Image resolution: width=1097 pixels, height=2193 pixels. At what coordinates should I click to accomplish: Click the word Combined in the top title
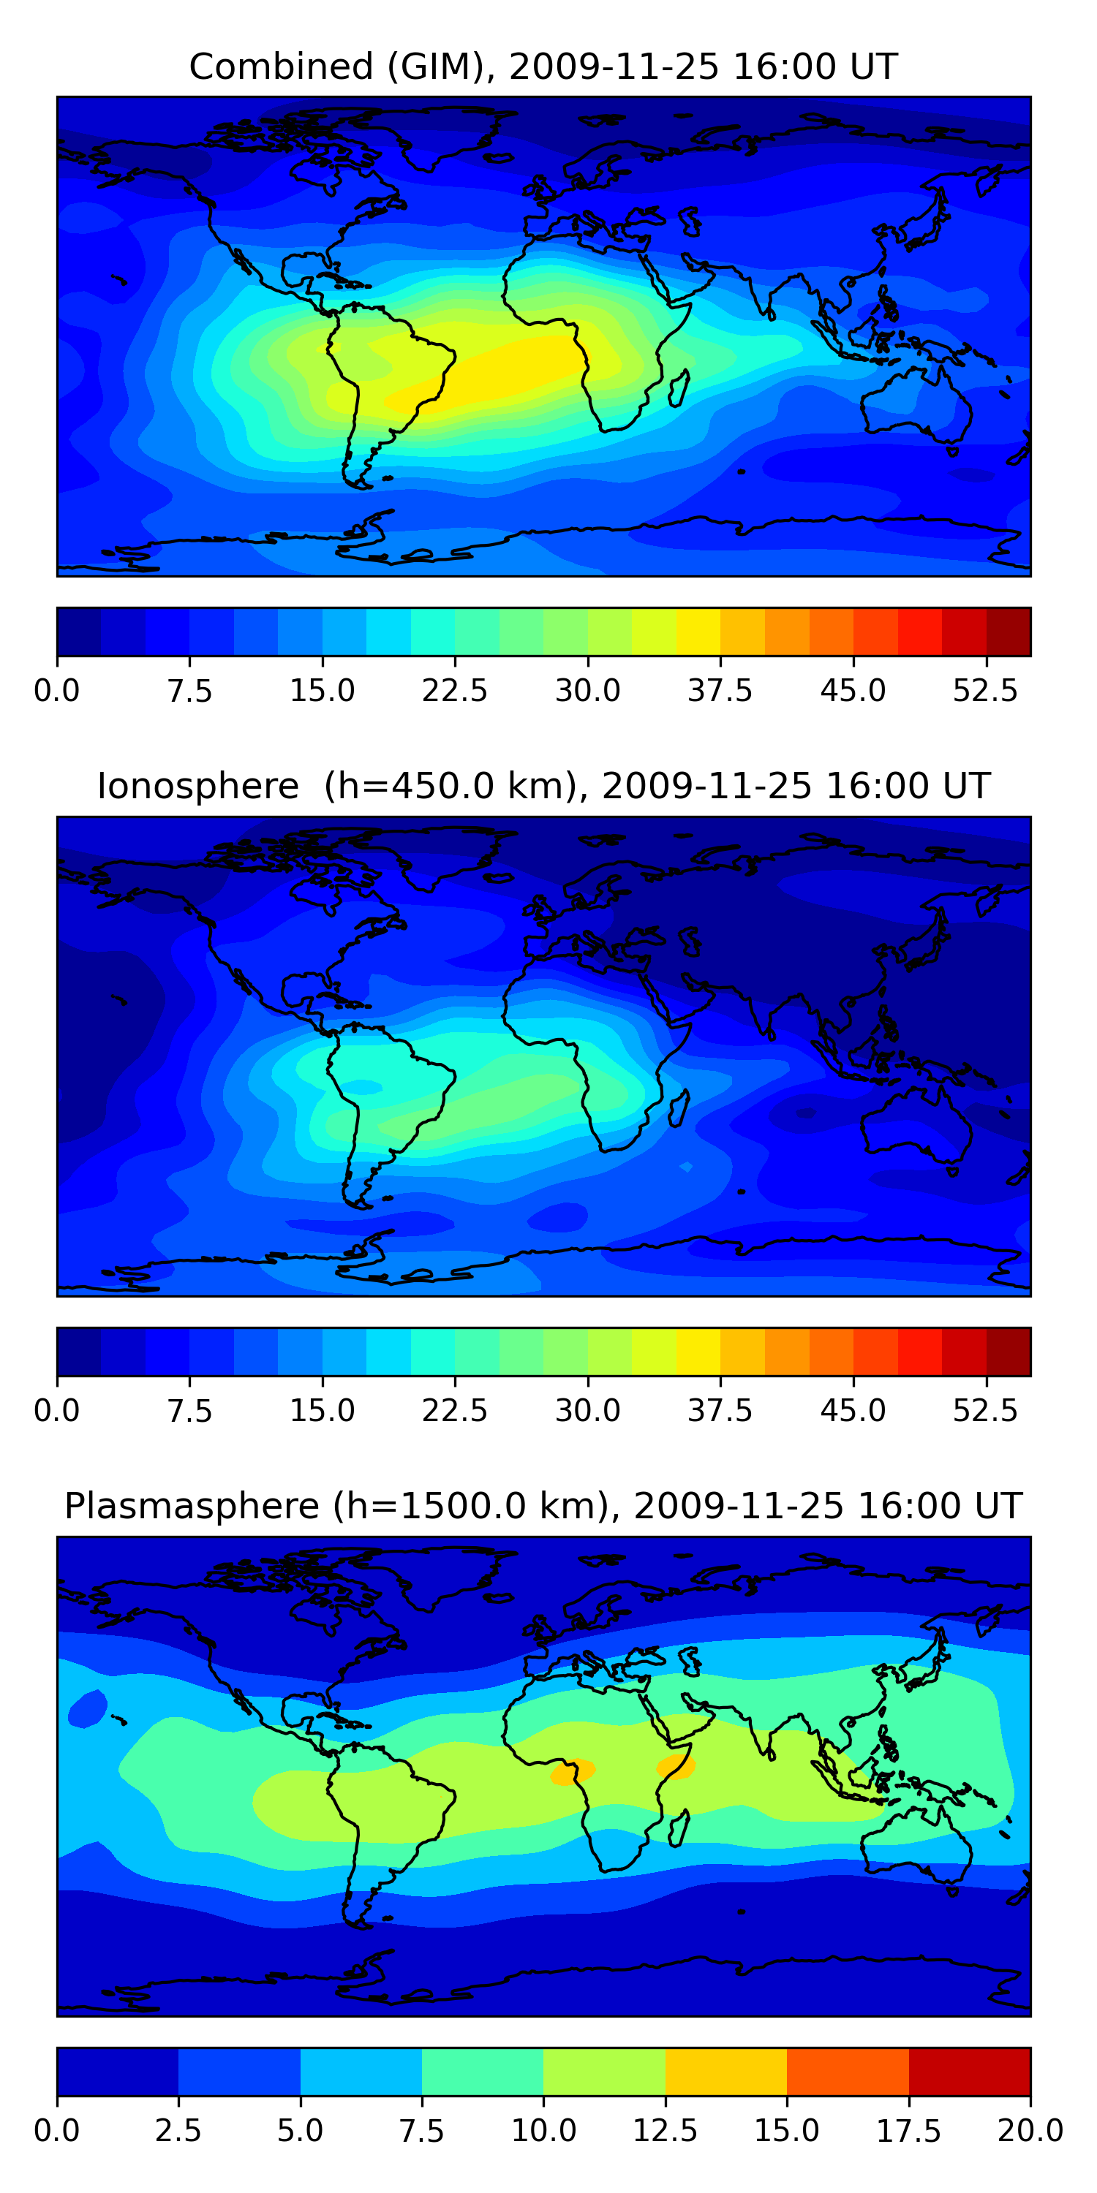click(281, 67)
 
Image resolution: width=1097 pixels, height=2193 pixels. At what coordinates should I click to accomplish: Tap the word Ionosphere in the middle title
click(197, 786)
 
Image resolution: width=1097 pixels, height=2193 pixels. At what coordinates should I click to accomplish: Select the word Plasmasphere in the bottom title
click(192, 1506)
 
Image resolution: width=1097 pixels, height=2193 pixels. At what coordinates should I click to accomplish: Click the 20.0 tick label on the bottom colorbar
click(1030, 2131)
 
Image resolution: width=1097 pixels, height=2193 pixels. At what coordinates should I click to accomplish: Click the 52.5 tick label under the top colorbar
click(985, 690)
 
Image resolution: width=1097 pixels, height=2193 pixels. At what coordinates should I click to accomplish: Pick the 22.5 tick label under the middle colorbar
click(455, 1411)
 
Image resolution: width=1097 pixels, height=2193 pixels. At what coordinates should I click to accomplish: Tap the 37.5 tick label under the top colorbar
click(720, 690)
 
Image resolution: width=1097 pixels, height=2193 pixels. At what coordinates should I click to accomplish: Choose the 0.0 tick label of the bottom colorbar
click(57, 2131)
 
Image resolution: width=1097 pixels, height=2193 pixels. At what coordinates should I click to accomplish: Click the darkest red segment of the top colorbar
click(1009, 632)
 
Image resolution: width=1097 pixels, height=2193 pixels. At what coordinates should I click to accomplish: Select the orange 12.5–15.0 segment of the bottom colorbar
click(725, 2071)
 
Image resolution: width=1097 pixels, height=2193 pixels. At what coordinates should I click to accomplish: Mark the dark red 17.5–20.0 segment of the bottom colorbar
click(969, 2071)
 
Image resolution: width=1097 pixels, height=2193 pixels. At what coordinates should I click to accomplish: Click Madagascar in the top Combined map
click(679, 388)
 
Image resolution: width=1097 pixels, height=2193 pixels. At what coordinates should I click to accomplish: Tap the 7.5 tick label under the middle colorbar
click(189, 1411)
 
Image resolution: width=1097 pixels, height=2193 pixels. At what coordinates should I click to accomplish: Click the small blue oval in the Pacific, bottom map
click(87, 1708)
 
